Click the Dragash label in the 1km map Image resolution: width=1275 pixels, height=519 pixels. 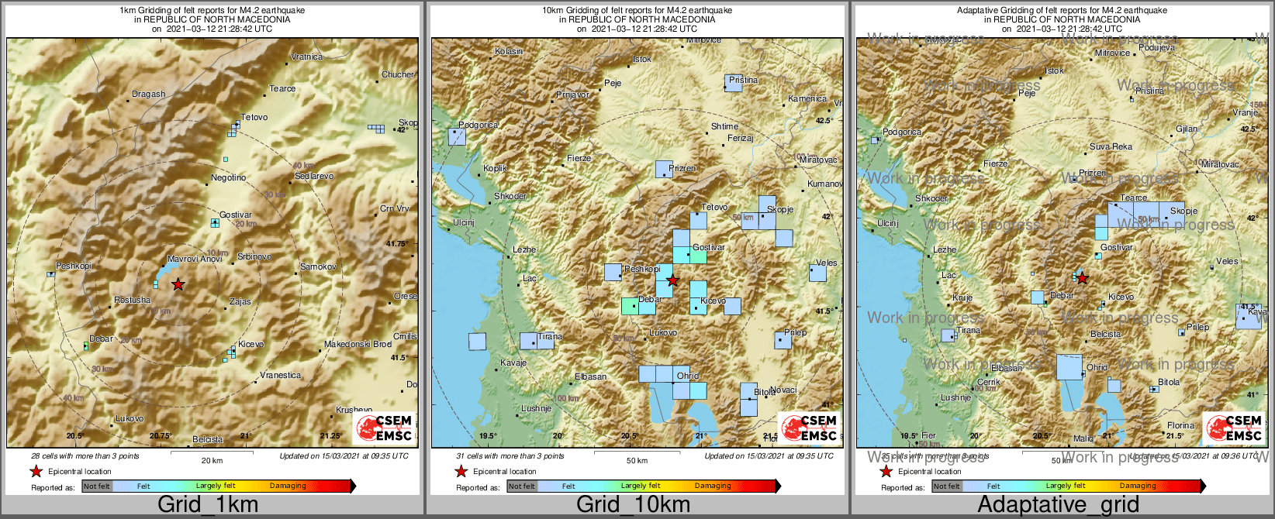point(148,94)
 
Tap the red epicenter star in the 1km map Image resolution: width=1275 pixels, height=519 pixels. point(178,284)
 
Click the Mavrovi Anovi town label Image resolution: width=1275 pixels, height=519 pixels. point(195,259)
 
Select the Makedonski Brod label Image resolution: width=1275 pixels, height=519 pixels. point(358,344)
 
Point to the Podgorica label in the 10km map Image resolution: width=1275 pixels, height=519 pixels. point(478,125)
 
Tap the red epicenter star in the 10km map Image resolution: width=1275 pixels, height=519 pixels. point(672,280)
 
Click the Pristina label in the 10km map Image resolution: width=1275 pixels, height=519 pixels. point(743,80)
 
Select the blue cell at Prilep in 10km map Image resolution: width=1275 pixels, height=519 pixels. point(783,340)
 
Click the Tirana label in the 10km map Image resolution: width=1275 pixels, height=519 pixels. point(550,337)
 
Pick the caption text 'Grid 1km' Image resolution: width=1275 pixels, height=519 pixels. point(208,505)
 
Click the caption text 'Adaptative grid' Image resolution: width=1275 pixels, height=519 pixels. point(1058,505)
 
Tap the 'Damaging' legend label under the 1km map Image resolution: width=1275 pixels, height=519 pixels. point(288,486)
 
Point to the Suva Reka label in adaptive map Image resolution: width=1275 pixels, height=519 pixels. point(1111,146)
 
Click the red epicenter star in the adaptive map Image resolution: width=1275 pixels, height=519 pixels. point(1082,278)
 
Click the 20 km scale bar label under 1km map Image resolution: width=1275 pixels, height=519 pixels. point(212,460)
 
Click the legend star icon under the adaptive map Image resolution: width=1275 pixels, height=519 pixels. point(886,471)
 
